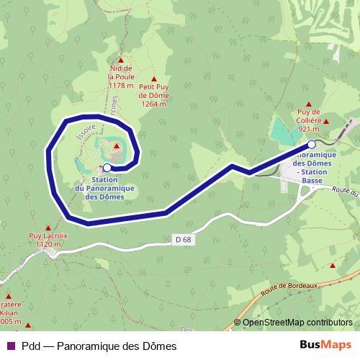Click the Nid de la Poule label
point(121,76)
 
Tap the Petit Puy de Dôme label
point(153,94)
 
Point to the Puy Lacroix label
point(48,240)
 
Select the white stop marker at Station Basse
point(312,144)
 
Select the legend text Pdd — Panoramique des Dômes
point(99,346)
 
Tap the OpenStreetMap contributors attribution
point(297,323)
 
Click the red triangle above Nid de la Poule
point(121,60)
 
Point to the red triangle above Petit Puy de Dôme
point(153,79)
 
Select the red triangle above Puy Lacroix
point(48,226)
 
